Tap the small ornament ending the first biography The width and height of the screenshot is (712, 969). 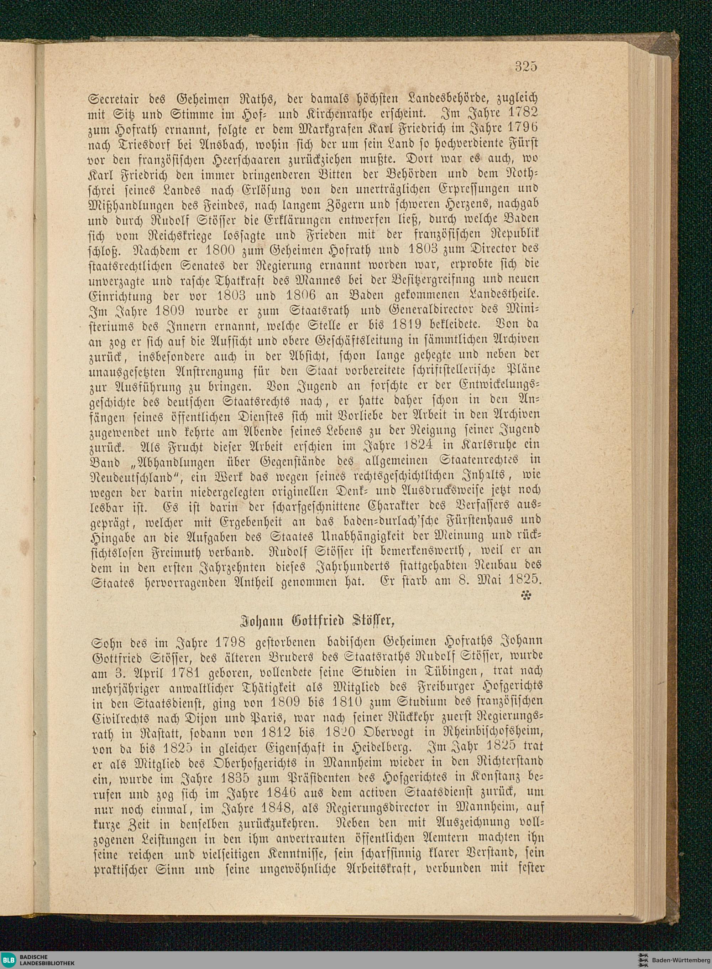pyautogui.click(x=527, y=596)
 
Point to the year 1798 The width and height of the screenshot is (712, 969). pyautogui.click(x=225, y=643)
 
